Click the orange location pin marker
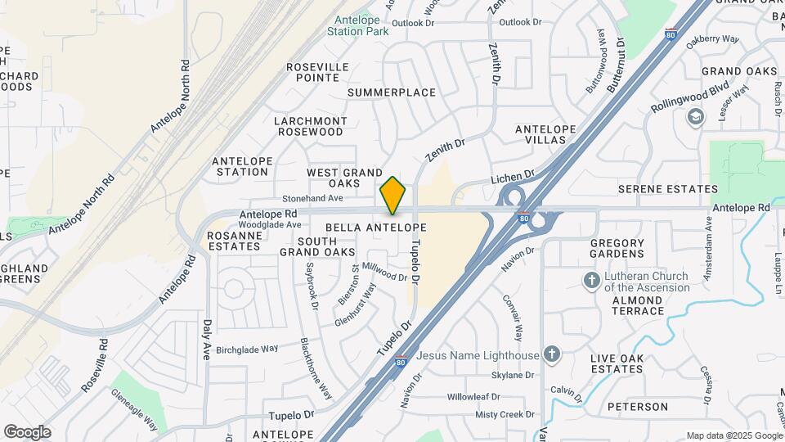393,195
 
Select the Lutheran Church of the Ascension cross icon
591,281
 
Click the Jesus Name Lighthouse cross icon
553,354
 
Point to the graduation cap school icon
696,118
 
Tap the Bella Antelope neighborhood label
375,227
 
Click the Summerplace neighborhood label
392,92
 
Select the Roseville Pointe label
317,72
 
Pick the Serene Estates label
668,189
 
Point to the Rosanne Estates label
235,241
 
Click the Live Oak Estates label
617,363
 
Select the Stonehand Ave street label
312,198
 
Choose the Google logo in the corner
27,431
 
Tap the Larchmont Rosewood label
310,126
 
